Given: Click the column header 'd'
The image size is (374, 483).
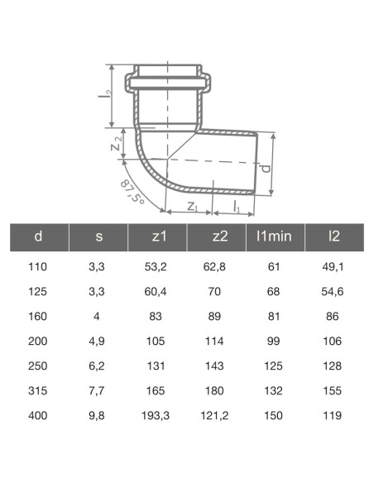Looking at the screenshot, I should pos(38,237).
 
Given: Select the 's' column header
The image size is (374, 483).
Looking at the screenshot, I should pos(98,237).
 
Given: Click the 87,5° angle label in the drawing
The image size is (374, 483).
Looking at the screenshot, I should pos(132,192).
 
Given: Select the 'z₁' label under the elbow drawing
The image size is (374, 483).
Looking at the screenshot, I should pos(190,207).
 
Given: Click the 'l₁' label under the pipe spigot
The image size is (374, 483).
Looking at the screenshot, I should pos(237,207).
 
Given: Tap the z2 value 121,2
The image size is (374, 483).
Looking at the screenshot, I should pos(219,416).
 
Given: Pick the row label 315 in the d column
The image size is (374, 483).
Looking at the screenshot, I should pos(38,391).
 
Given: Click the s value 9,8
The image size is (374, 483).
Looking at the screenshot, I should pos(98,416).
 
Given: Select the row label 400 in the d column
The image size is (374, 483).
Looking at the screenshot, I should pos(38,416).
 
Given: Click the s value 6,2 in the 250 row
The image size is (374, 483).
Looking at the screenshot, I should pos(98,366).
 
